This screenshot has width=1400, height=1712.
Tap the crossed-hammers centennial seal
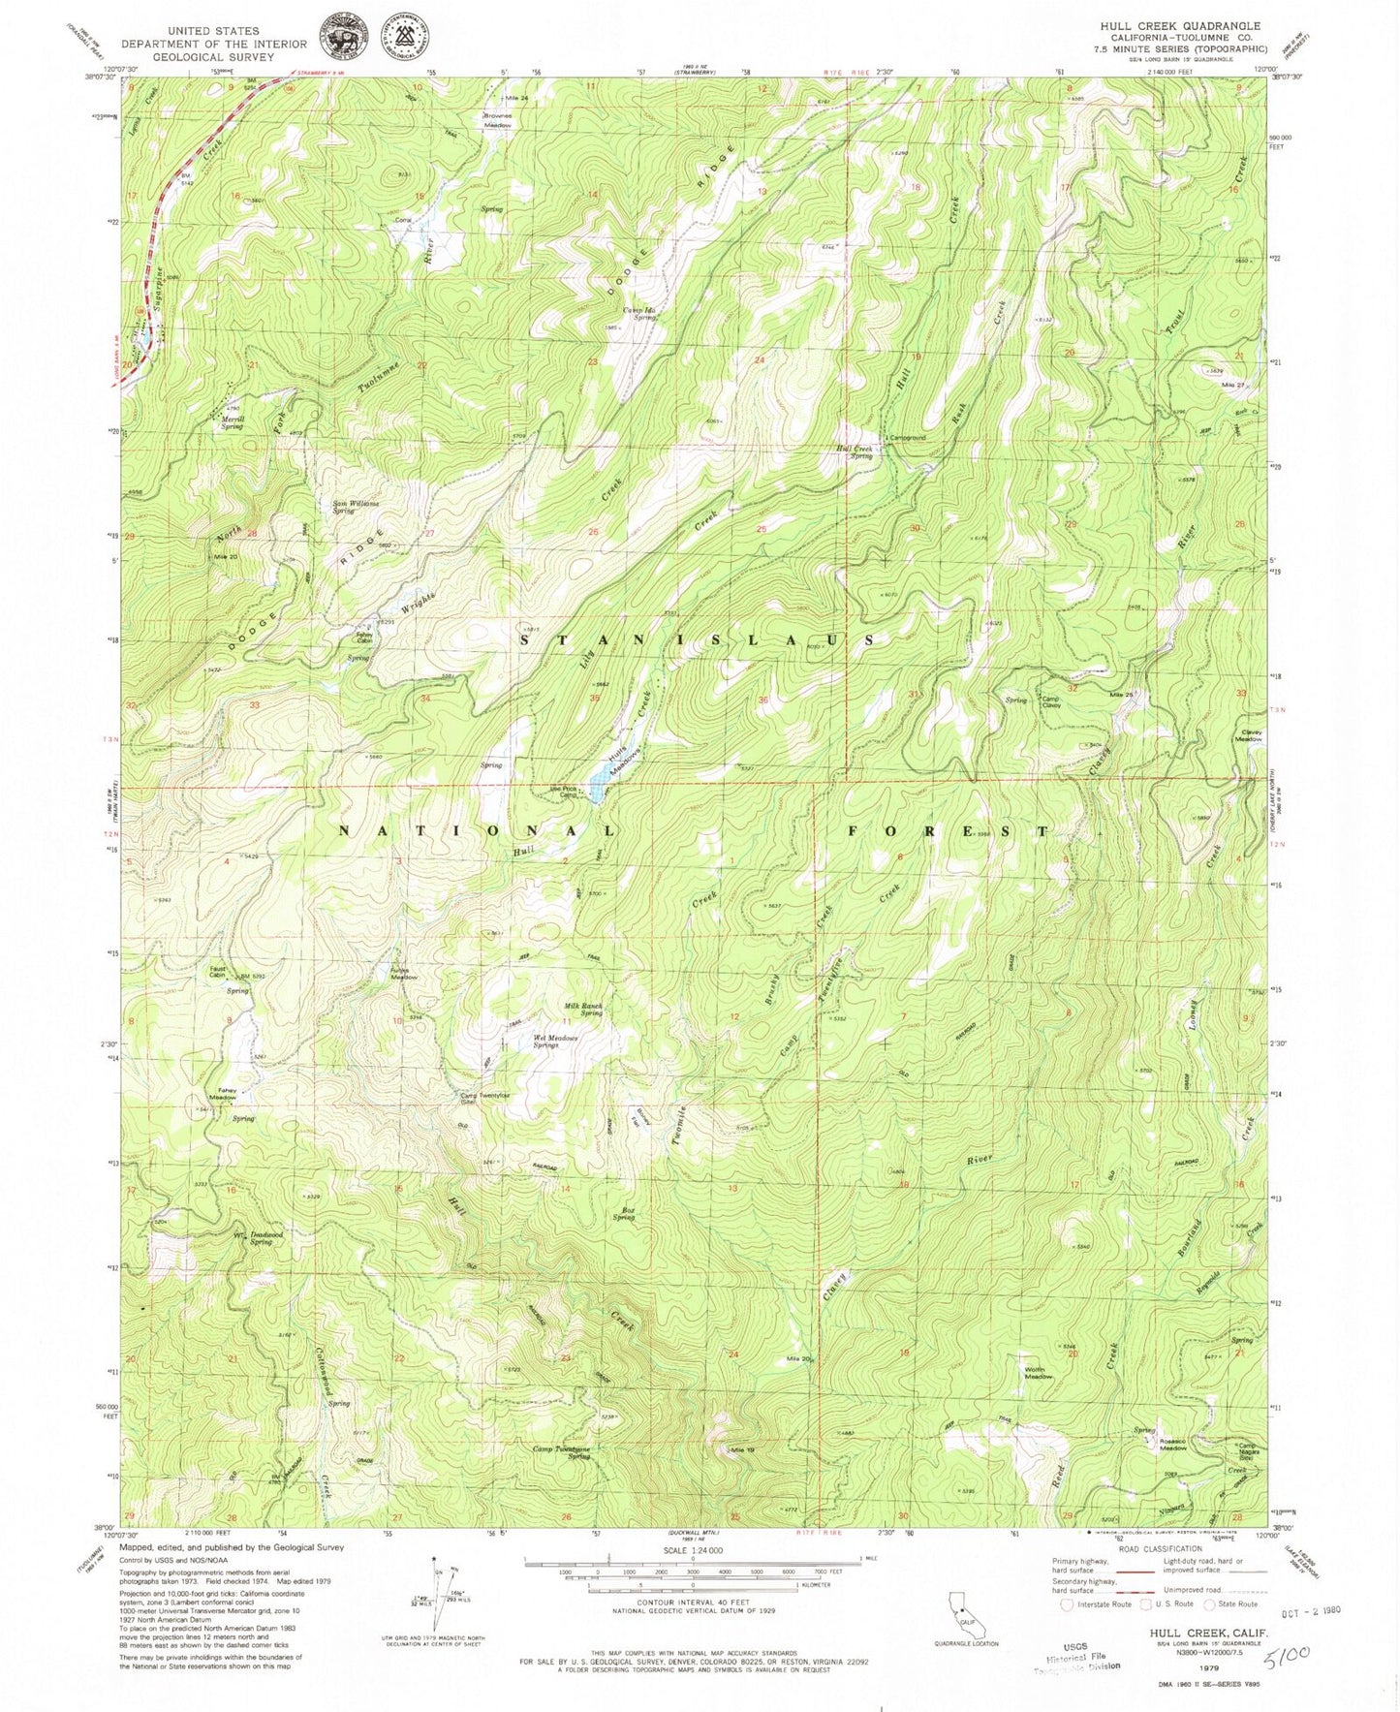pos(407,32)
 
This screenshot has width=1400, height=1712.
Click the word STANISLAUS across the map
pos(698,640)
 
